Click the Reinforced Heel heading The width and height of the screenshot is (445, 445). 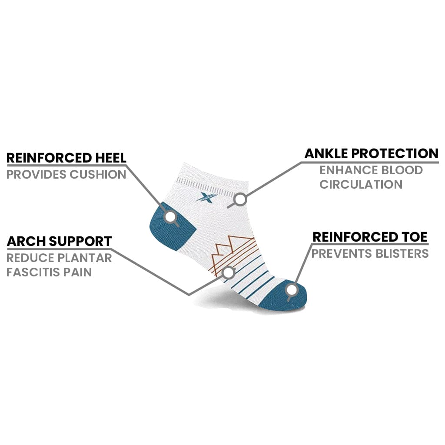[66, 157]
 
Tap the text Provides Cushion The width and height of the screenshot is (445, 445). [66, 175]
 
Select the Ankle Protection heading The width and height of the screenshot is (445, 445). [371, 153]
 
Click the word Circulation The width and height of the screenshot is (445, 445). [361, 184]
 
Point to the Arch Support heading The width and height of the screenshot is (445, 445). [59, 241]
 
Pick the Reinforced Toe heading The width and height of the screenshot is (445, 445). [370, 237]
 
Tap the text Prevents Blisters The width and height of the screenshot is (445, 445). [370, 253]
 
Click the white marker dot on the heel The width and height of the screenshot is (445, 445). [171, 216]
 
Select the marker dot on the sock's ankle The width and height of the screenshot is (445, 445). [240, 199]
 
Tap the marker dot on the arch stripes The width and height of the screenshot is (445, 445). [228, 272]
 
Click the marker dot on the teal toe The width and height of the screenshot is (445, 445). [292, 289]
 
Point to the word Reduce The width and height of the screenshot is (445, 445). [29, 258]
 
